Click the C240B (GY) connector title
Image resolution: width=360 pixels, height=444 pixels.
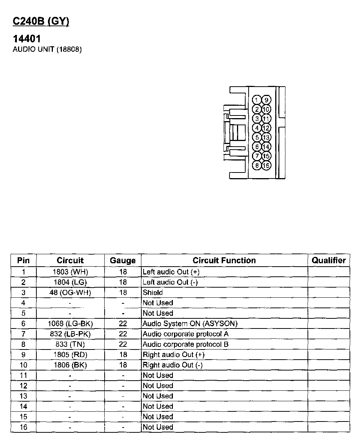pyautogui.click(x=41, y=22)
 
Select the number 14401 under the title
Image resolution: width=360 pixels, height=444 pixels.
pyautogui.click(x=27, y=39)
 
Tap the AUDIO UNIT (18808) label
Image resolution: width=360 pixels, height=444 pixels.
pyautogui.click(x=47, y=49)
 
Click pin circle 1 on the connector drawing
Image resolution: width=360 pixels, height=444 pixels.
pyautogui.click(x=256, y=100)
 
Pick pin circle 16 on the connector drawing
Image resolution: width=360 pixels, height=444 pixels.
pyautogui.click(x=266, y=165)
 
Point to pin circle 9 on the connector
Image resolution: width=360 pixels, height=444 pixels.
pyautogui.click(x=266, y=100)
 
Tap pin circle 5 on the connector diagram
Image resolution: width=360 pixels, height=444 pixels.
pyautogui.click(x=256, y=137)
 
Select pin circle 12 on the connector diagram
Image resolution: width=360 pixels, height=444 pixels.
pyautogui.click(x=266, y=128)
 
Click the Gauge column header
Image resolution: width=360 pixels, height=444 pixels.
pyautogui.click(x=123, y=260)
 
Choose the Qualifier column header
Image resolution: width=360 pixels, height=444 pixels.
pyautogui.click(x=328, y=260)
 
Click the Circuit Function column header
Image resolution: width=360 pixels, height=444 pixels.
pyautogui.click(x=224, y=260)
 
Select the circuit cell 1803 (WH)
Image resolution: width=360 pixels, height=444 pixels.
pyautogui.click(x=71, y=271)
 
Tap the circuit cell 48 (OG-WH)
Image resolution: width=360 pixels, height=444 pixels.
pyautogui.click(x=71, y=292)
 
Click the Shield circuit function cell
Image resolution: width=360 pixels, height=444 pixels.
pyautogui.click(x=153, y=292)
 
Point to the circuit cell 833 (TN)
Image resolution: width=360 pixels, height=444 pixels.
pyautogui.click(x=71, y=344)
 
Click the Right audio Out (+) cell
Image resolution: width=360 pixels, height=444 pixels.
pyautogui.click(x=173, y=354)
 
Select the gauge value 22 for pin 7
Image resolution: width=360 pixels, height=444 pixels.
pyautogui.click(x=123, y=334)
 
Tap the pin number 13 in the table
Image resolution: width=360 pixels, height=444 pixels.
pyautogui.click(x=23, y=396)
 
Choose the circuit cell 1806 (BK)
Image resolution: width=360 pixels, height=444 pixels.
pyautogui.click(x=71, y=365)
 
